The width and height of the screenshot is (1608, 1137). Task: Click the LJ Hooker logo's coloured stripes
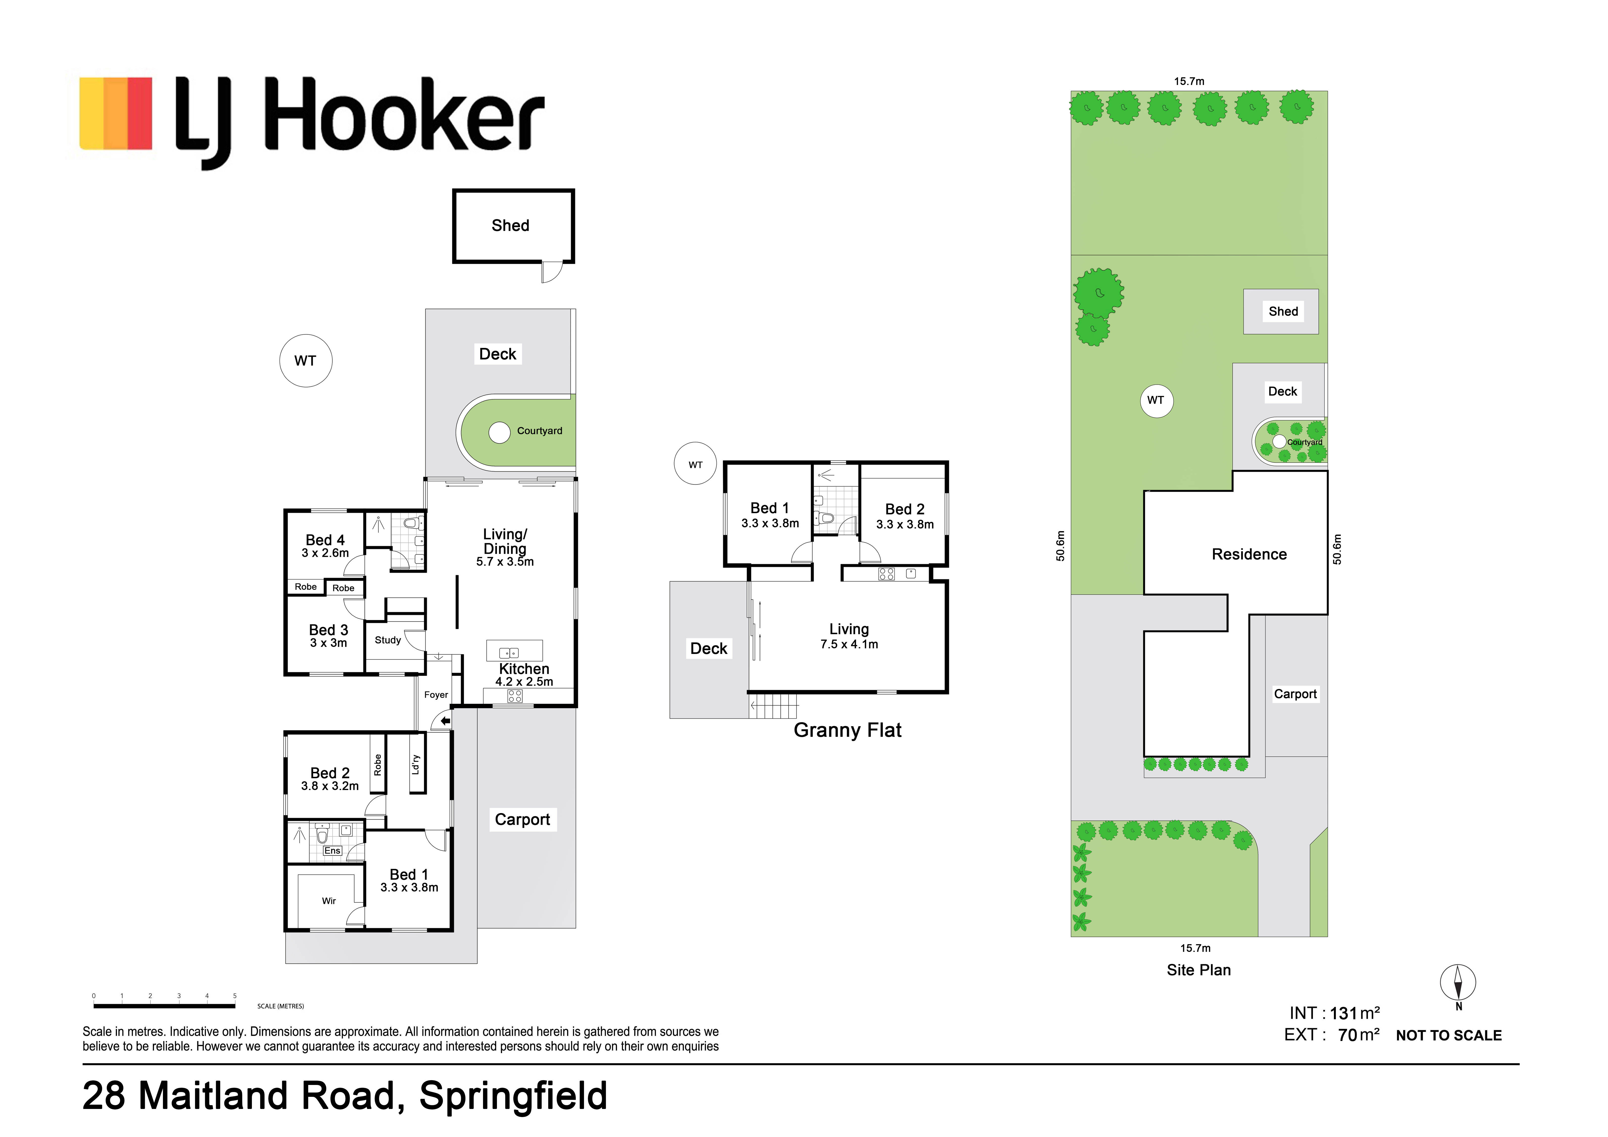click(115, 113)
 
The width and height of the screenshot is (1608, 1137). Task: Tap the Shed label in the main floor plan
click(511, 226)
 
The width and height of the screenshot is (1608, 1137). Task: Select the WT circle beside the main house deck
click(306, 361)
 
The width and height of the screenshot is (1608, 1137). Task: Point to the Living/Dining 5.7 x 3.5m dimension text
click(505, 562)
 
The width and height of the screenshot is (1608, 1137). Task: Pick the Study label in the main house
click(388, 640)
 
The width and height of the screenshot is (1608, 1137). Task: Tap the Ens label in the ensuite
click(332, 850)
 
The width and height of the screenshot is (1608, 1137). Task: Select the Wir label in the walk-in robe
click(329, 901)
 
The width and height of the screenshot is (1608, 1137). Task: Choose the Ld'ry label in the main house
click(416, 764)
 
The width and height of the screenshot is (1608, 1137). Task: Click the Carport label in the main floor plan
click(522, 820)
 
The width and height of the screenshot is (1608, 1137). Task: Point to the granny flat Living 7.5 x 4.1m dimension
click(850, 645)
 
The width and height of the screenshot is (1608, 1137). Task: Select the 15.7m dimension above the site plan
click(1189, 81)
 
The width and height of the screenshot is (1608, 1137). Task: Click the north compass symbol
click(1458, 984)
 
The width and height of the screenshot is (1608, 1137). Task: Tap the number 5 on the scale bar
click(235, 996)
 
